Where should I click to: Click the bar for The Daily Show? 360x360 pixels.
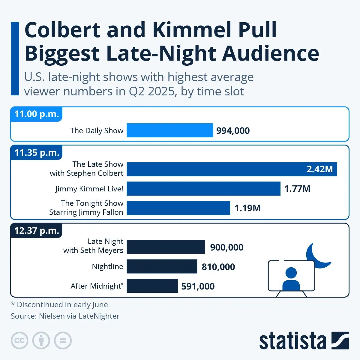coord(170,130)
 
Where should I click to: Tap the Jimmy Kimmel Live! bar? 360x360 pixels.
coord(203,189)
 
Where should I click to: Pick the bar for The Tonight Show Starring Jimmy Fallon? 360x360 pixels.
coord(178,208)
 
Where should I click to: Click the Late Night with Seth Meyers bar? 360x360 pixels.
coord(166,247)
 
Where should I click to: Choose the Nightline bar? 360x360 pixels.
coord(162,266)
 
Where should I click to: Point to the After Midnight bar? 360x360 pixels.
coord(152,286)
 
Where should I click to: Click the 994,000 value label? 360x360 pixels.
coord(233,131)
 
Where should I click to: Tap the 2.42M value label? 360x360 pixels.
coord(319,169)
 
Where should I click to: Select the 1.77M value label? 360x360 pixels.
coord(297,189)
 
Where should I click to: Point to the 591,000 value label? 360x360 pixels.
coord(198,286)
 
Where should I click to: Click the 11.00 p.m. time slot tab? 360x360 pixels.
coord(37,114)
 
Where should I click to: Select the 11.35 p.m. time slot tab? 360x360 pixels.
coord(37,153)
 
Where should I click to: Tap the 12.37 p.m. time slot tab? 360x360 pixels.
coord(37,231)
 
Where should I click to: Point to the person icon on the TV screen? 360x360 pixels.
coord(291,279)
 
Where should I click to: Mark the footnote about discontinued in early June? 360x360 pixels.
coord(59,304)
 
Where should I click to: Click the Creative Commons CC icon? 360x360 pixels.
coord(19,340)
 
